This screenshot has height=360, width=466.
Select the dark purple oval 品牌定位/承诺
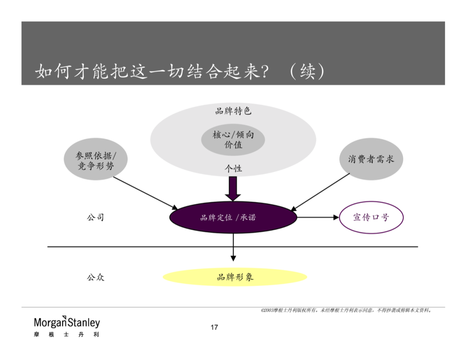(x=233, y=218)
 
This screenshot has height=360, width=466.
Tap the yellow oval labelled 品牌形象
(x=235, y=277)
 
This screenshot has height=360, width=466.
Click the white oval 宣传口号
(x=371, y=218)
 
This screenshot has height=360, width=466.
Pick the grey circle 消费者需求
(x=371, y=159)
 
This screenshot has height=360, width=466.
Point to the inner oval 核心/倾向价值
(x=233, y=139)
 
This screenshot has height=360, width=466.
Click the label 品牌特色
(x=233, y=111)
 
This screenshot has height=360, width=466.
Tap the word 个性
(x=233, y=168)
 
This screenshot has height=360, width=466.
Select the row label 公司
(x=95, y=217)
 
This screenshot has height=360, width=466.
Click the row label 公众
(x=95, y=277)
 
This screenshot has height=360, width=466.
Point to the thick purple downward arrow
(x=233, y=188)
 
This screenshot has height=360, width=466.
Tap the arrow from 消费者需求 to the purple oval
(x=321, y=192)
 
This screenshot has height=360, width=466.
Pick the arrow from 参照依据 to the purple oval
(x=145, y=192)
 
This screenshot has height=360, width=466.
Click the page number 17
(x=214, y=327)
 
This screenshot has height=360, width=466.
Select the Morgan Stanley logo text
(x=67, y=322)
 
